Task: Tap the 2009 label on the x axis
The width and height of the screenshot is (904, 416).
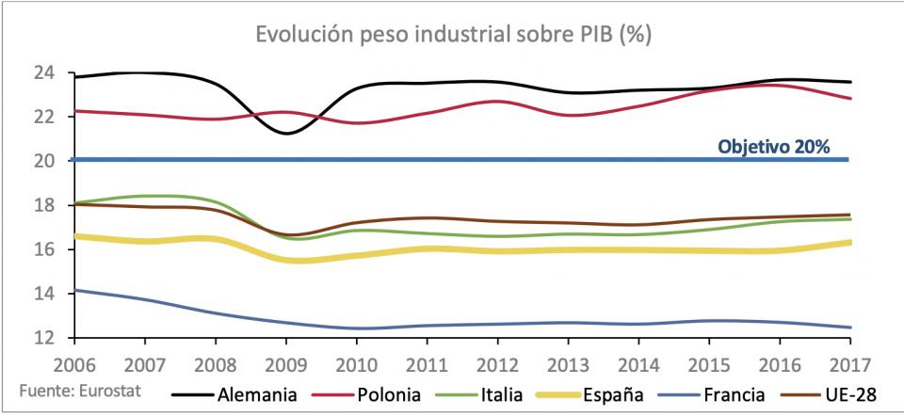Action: [x=286, y=360]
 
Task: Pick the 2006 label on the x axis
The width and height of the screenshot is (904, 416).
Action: [x=75, y=360]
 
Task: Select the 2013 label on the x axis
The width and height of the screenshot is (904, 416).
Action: [x=570, y=360]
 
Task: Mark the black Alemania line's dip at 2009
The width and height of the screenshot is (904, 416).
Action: [x=286, y=133]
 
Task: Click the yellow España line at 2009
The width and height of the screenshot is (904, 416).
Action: [x=286, y=260]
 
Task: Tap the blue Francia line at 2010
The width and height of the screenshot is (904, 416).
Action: [x=358, y=328]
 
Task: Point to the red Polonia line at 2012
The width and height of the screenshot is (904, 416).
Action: [x=499, y=102]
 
